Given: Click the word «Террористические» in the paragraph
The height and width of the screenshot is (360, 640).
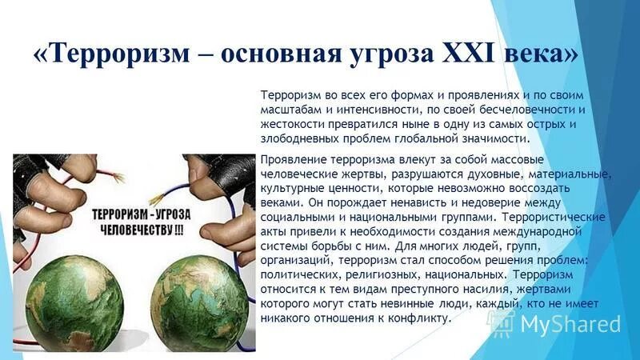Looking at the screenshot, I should click(x=553, y=217).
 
